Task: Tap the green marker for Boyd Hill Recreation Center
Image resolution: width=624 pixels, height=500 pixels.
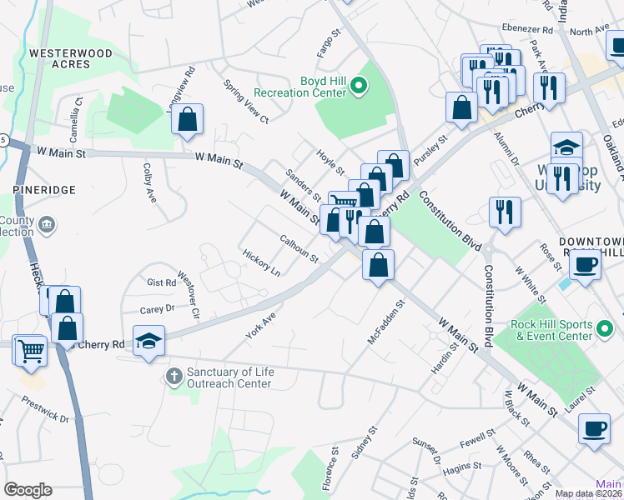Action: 359,85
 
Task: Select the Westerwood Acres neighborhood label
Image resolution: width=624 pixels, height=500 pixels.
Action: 71,58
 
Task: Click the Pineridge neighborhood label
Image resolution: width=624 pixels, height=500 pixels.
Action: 44,190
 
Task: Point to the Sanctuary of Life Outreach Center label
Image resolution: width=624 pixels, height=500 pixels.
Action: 229,377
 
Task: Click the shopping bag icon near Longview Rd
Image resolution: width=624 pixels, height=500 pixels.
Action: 188,119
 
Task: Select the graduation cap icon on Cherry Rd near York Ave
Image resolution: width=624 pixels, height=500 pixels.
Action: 149,342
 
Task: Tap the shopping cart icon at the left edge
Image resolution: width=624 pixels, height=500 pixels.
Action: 29,349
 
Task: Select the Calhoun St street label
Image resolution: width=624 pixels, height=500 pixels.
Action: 299,248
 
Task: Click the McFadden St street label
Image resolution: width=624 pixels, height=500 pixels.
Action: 385,324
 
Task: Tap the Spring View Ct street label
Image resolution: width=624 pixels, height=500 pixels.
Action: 246,102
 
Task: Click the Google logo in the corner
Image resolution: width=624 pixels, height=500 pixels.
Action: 28,490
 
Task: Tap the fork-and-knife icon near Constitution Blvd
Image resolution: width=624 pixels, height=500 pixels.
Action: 505,212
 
